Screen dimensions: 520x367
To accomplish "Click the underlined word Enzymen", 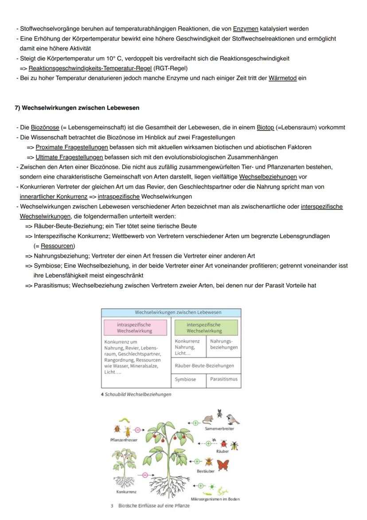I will (245, 28).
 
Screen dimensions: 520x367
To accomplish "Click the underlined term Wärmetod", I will (282, 78).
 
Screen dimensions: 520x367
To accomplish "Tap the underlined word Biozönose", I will (45, 127).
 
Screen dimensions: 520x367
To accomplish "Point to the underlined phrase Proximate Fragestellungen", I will (72, 147).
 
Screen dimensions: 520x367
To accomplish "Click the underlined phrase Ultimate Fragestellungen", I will (69, 157).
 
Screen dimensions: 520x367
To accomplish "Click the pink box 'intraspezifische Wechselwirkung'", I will (134, 328).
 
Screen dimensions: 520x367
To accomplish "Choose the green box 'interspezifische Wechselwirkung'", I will (206, 328).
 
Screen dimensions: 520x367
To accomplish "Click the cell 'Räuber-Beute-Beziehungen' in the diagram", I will (206, 365).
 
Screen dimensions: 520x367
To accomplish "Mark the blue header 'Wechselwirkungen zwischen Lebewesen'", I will (171, 313).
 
